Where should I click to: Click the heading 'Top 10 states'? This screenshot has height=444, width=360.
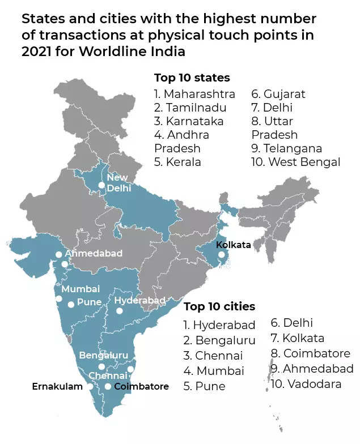click(x=192, y=78)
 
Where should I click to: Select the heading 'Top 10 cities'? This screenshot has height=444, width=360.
click(x=219, y=306)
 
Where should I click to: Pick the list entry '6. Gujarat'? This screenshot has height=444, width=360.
click(x=278, y=93)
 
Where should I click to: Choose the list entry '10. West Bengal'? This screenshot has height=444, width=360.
click(x=295, y=162)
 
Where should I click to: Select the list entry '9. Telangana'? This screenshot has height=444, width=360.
click(x=287, y=148)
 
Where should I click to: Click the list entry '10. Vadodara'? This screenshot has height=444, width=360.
click(x=307, y=384)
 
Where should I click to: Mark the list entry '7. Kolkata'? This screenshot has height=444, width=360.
click(x=298, y=338)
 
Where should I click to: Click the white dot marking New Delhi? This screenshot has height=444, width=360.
click(x=101, y=185)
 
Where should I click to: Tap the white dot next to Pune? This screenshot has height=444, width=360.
click(x=71, y=304)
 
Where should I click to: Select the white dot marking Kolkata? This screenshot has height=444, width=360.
click(x=222, y=256)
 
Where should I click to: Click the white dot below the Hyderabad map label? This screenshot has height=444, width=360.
click(x=119, y=310)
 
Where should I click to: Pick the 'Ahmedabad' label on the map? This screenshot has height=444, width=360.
click(x=93, y=253)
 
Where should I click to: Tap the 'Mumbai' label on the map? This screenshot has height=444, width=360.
click(x=81, y=289)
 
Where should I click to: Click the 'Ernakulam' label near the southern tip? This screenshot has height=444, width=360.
click(x=57, y=386)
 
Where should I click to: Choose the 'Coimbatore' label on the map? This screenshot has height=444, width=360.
click(x=141, y=386)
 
